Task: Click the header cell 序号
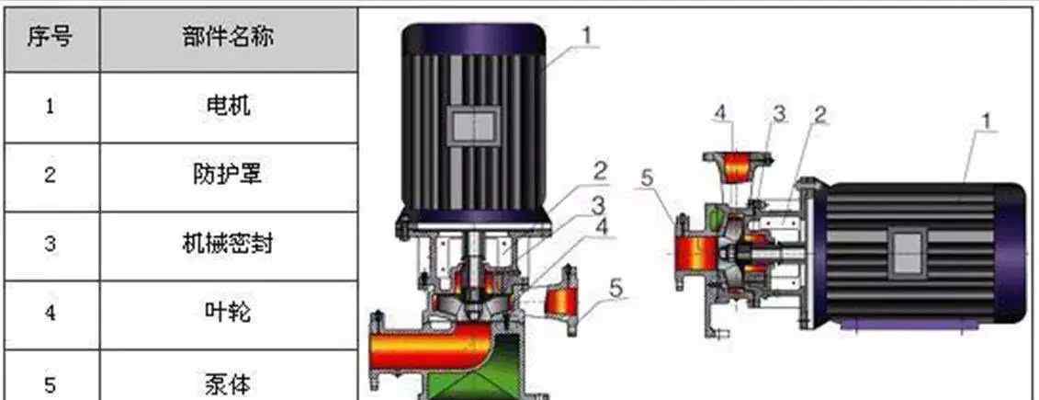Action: point(51,38)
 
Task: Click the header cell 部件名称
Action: point(228,38)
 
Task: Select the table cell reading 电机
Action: point(228,106)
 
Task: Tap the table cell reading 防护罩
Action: point(228,174)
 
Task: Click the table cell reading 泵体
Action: point(228,380)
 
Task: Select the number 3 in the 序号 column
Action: point(51,244)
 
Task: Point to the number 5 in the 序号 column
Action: point(51,381)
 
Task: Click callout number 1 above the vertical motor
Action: point(590,35)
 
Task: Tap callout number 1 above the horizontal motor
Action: point(986,120)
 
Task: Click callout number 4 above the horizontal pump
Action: point(721,114)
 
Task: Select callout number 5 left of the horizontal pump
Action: point(649,178)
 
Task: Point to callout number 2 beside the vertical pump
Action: point(599,170)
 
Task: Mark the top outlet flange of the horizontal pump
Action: point(735,165)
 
